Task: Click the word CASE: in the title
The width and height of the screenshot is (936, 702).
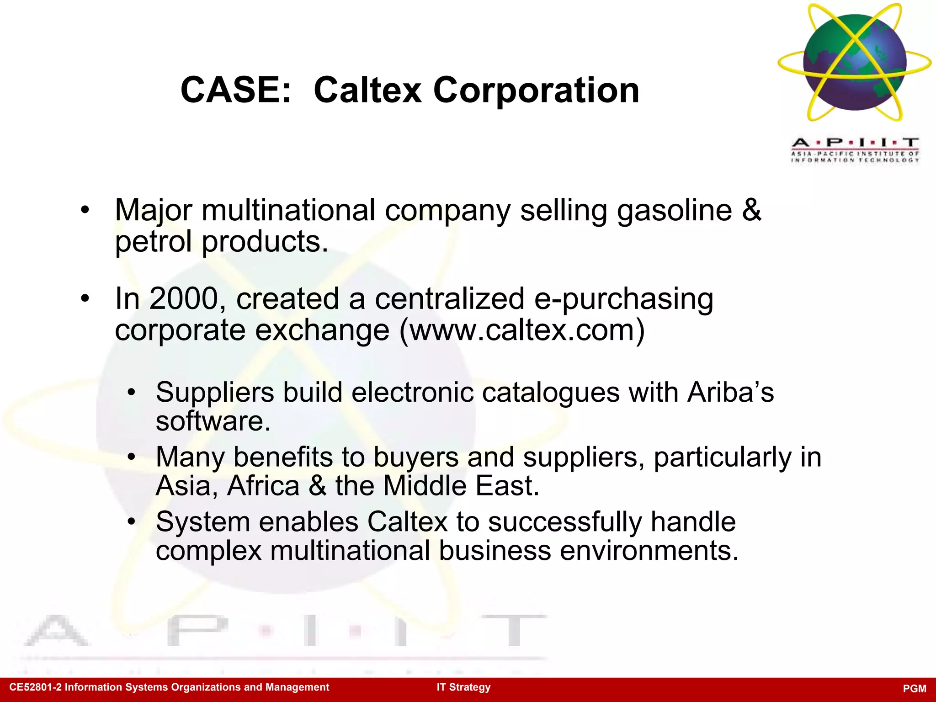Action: coord(236,90)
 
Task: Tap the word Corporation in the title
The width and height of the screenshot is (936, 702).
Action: coord(536,90)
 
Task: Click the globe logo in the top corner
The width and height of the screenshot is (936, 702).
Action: coord(854,63)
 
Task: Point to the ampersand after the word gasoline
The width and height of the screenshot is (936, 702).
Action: coord(751,210)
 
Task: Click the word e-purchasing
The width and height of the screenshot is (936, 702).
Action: coord(623,300)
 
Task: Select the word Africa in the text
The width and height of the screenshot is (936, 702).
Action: coord(263,485)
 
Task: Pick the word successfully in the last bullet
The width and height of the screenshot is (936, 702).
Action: coord(565,521)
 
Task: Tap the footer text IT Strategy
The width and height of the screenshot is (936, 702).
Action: coord(463,687)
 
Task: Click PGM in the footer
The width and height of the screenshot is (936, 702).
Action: coord(915,688)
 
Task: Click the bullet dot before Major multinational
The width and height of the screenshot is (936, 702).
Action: coord(85,211)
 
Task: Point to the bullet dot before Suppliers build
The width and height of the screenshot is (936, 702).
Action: coord(132,393)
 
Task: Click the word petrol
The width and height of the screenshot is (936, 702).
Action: coord(153,241)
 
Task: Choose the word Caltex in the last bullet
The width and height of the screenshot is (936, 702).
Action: coord(407,521)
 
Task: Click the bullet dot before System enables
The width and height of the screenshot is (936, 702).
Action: coord(132,521)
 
